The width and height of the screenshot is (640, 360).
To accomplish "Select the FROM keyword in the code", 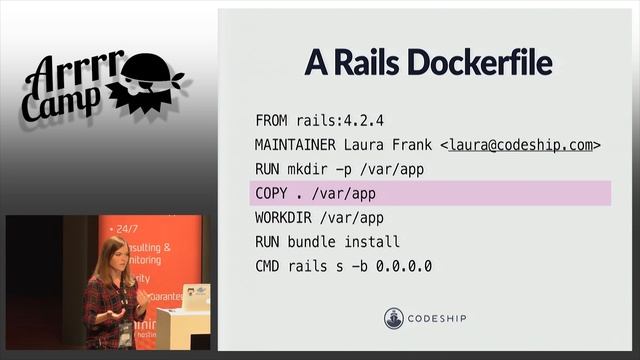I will [x=272, y=121].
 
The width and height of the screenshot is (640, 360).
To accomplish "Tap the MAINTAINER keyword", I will [x=297, y=145].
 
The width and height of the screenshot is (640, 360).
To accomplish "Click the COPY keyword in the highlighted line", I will [x=272, y=193].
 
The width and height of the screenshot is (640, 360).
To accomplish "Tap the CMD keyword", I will [x=268, y=265].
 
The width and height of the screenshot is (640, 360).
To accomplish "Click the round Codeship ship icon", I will [x=395, y=319].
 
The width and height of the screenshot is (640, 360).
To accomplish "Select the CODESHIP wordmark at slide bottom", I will [x=438, y=319].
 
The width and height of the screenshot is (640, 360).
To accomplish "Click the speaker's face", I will [x=112, y=255].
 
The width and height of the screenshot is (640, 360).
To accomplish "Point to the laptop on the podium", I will [x=196, y=297].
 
